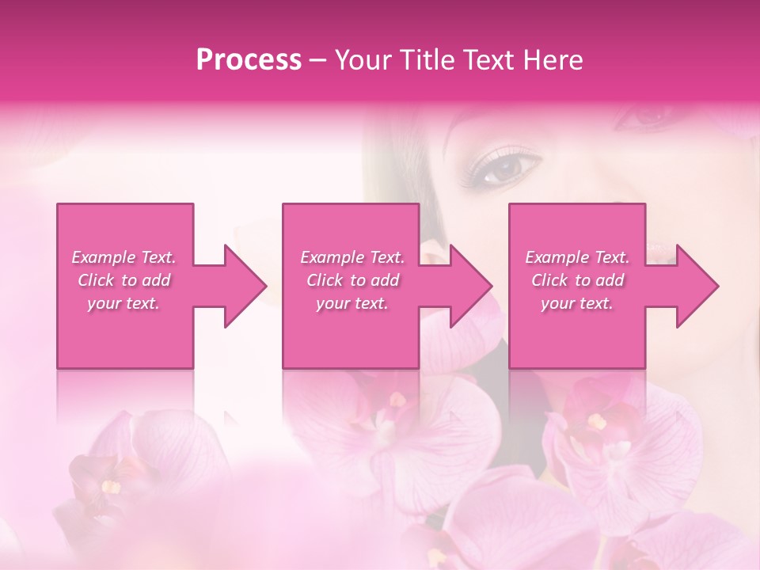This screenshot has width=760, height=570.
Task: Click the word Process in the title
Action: (249, 60)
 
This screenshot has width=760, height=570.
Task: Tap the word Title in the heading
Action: (424, 60)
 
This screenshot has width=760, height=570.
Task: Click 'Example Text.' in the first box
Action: (123, 257)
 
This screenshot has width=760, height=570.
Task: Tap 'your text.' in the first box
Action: (123, 303)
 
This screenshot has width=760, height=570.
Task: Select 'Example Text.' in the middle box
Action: (352, 257)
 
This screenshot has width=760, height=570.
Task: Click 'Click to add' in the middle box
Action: (352, 280)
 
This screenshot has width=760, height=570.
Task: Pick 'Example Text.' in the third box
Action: (577, 257)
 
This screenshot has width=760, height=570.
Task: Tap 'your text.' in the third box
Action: (577, 303)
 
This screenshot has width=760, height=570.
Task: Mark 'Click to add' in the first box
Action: (123, 280)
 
